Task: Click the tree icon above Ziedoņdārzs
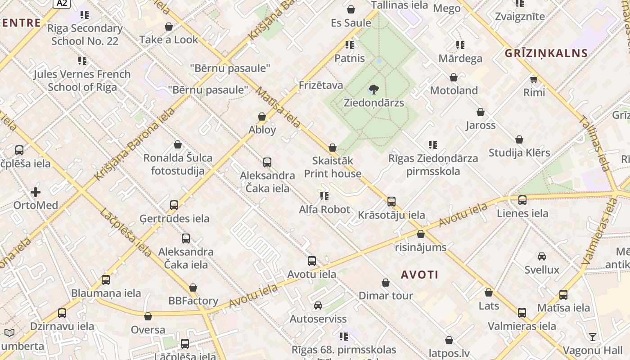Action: (373, 90)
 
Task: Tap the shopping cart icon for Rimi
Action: (534, 80)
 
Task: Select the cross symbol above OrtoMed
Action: (36, 193)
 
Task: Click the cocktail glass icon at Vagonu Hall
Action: (593, 337)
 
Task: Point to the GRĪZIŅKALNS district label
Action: (546, 53)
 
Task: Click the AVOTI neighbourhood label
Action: (419, 274)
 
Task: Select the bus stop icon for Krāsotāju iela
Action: (391, 202)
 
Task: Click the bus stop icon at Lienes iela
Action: (522, 200)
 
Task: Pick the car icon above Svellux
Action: (542, 256)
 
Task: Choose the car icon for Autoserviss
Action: (318, 306)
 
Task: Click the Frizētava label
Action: (321, 85)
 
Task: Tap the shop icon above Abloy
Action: (262, 117)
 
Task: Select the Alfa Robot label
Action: (324, 209)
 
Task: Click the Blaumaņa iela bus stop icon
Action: (106, 280)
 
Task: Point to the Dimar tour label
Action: (386, 296)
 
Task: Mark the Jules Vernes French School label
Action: (82, 80)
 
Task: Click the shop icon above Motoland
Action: (454, 77)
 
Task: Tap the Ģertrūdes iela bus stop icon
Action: (174, 205)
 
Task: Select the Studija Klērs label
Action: (519, 153)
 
